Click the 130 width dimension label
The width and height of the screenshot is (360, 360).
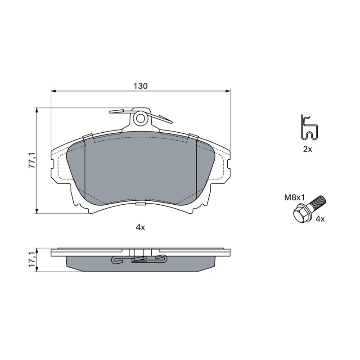[x=140, y=86]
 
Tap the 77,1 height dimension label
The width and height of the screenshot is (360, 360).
[x=31, y=160]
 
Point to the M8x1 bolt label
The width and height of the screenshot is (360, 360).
[x=294, y=198]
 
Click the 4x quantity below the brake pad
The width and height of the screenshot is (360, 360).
[x=140, y=228]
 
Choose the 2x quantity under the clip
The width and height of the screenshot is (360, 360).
[x=308, y=149]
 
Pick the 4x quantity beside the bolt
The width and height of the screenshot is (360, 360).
[x=320, y=219]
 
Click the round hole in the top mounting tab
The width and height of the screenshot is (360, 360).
[x=140, y=118]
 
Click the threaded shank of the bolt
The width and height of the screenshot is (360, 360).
[x=317, y=201]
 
